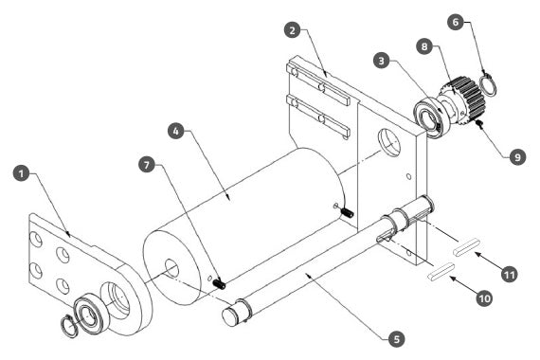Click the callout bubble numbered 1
(22, 173)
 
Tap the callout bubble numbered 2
(293, 30)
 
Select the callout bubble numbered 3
(381, 61)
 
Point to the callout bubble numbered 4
(176, 131)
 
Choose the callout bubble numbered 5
(396, 338)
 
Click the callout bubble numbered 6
(456, 22)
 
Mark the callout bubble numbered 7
(147, 165)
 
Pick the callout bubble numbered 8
(424, 46)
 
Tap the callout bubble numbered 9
(517, 157)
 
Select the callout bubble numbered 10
(484, 298)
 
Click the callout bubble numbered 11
(510, 275)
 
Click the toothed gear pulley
(463, 100)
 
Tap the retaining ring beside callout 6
(488, 83)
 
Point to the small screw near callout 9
(478, 124)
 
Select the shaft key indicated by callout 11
(466, 247)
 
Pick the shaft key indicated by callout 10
(441, 270)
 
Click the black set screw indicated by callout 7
(219, 284)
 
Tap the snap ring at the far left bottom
(69, 326)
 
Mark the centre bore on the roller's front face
(171, 269)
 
